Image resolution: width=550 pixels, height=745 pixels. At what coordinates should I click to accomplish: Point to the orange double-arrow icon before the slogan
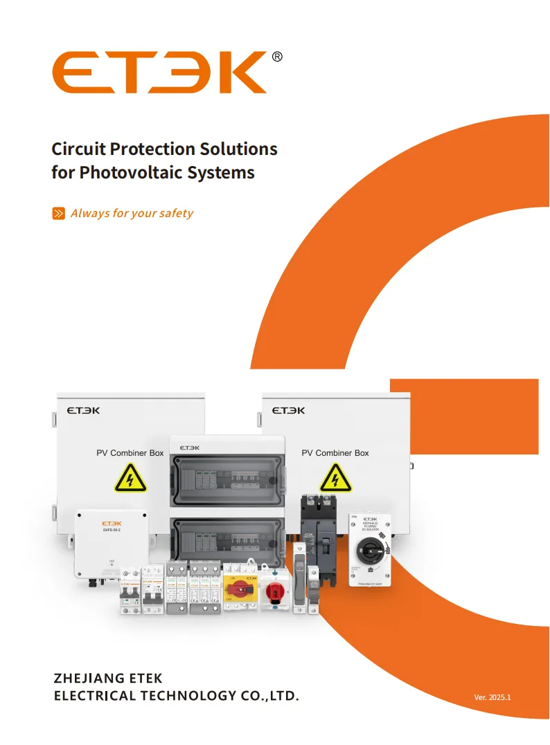tap(59, 213)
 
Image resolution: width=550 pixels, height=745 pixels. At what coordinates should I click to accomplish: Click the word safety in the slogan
tap(176, 213)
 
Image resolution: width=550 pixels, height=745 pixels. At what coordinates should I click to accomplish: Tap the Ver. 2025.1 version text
tap(492, 697)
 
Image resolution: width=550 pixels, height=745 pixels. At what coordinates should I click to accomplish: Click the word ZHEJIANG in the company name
tap(87, 678)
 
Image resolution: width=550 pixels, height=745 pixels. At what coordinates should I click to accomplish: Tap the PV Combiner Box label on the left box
tap(130, 453)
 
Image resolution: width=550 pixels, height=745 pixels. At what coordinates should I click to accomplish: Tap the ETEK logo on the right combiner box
tap(288, 410)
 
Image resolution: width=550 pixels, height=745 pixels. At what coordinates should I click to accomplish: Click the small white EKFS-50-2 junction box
tap(111, 543)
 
